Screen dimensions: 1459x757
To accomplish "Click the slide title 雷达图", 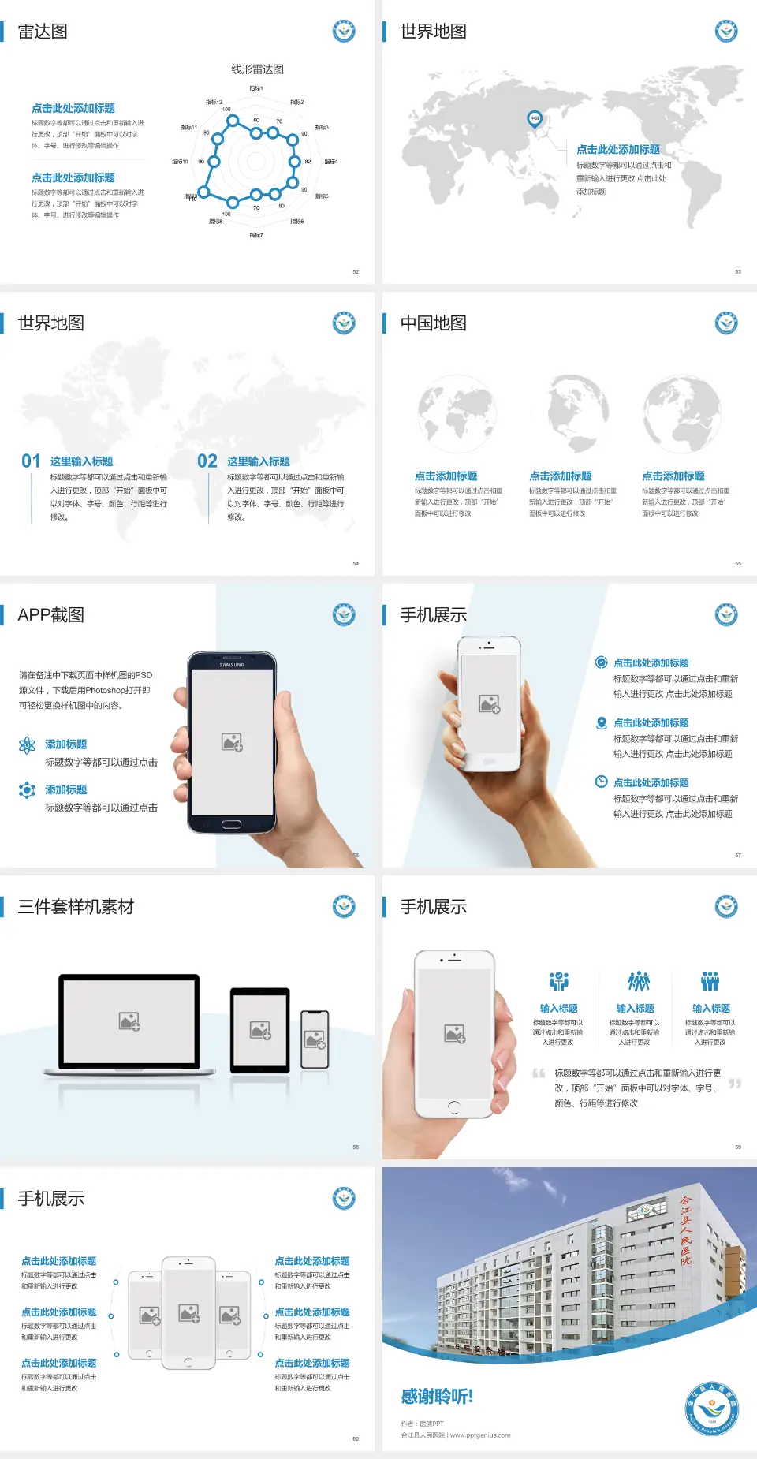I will pyautogui.click(x=43, y=32).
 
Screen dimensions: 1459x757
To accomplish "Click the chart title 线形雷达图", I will pyautogui.click(x=257, y=69).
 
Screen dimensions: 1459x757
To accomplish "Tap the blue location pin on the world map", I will pyautogui.click(x=534, y=119).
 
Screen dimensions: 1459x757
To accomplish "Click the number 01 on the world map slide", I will pyautogui.click(x=31, y=461).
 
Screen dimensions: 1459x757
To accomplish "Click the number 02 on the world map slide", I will pyautogui.click(x=207, y=461).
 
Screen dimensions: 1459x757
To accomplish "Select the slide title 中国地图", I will pyautogui.click(x=433, y=323).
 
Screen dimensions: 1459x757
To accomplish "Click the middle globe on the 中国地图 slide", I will pyautogui.click(x=570, y=413).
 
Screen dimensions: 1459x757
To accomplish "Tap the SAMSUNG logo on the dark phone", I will pyautogui.click(x=232, y=665).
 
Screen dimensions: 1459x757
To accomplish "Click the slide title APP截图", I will pyautogui.click(x=51, y=615).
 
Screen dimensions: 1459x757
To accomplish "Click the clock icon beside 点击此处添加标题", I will pyautogui.click(x=601, y=782).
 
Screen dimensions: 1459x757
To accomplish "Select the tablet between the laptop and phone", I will pyautogui.click(x=260, y=1030).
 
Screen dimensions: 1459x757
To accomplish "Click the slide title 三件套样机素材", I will pyautogui.click(x=76, y=907).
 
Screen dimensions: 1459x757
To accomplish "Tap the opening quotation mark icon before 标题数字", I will pyautogui.click(x=539, y=1073).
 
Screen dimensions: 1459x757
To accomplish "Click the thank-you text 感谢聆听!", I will pyautogui.click(x=437, y=1397).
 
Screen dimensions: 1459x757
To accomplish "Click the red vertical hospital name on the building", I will pyautogui.click(x=685, y=1230).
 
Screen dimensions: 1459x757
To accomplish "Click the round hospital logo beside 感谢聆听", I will pyautogui.click(x=711, y=1408).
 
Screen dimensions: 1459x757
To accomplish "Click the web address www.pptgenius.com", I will pyautogui.click(x=480, y=1435).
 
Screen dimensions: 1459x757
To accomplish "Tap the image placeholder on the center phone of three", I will pyautogui.click(x=188, y=1313).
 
